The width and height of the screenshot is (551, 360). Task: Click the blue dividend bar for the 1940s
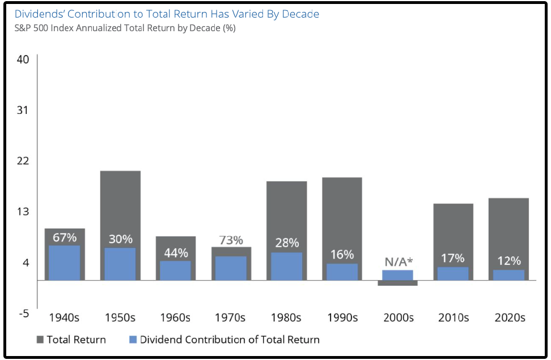coord(64,262)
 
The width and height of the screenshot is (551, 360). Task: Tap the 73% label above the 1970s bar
coord(231,240)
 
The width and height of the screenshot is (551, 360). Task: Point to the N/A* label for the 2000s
coord(399,261)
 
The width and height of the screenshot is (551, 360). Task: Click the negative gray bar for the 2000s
coord(397,283)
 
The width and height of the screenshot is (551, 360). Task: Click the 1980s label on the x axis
coord(287,317)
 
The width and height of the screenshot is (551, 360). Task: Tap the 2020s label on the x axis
coord(510,317)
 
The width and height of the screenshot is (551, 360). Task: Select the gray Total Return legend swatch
coord(40,340)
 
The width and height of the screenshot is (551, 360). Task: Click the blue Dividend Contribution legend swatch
coord(133,340)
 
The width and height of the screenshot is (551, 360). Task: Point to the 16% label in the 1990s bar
coord(342,255)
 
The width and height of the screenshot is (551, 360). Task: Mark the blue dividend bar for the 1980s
coord(287,266)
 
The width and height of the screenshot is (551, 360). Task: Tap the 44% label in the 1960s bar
coord(176,253)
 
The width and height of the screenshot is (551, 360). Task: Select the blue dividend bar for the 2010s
coord(453,273)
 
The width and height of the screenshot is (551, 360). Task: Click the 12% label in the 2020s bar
coord(508,261)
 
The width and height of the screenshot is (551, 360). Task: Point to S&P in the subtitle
coord(24,28)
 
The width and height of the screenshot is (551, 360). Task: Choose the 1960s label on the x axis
coord(175,317)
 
